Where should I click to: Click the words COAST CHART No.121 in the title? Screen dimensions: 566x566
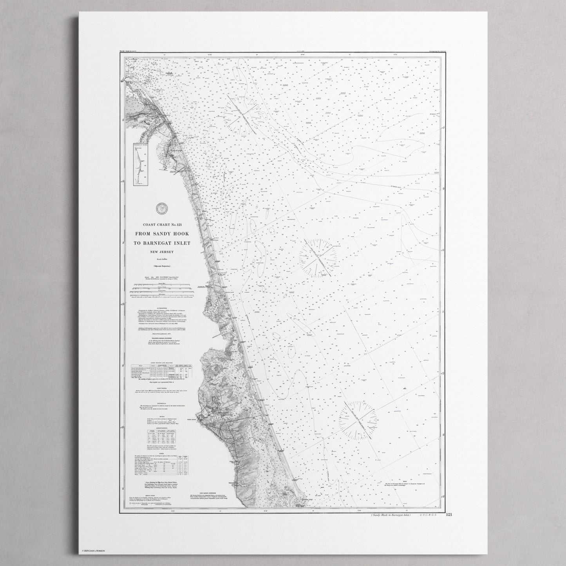point(161,224)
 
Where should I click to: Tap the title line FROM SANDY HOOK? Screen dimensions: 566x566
point(161,234)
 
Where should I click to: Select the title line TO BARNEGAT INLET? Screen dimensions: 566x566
point(161,243)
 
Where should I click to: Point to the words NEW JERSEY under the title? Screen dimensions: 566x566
point(161,251)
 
